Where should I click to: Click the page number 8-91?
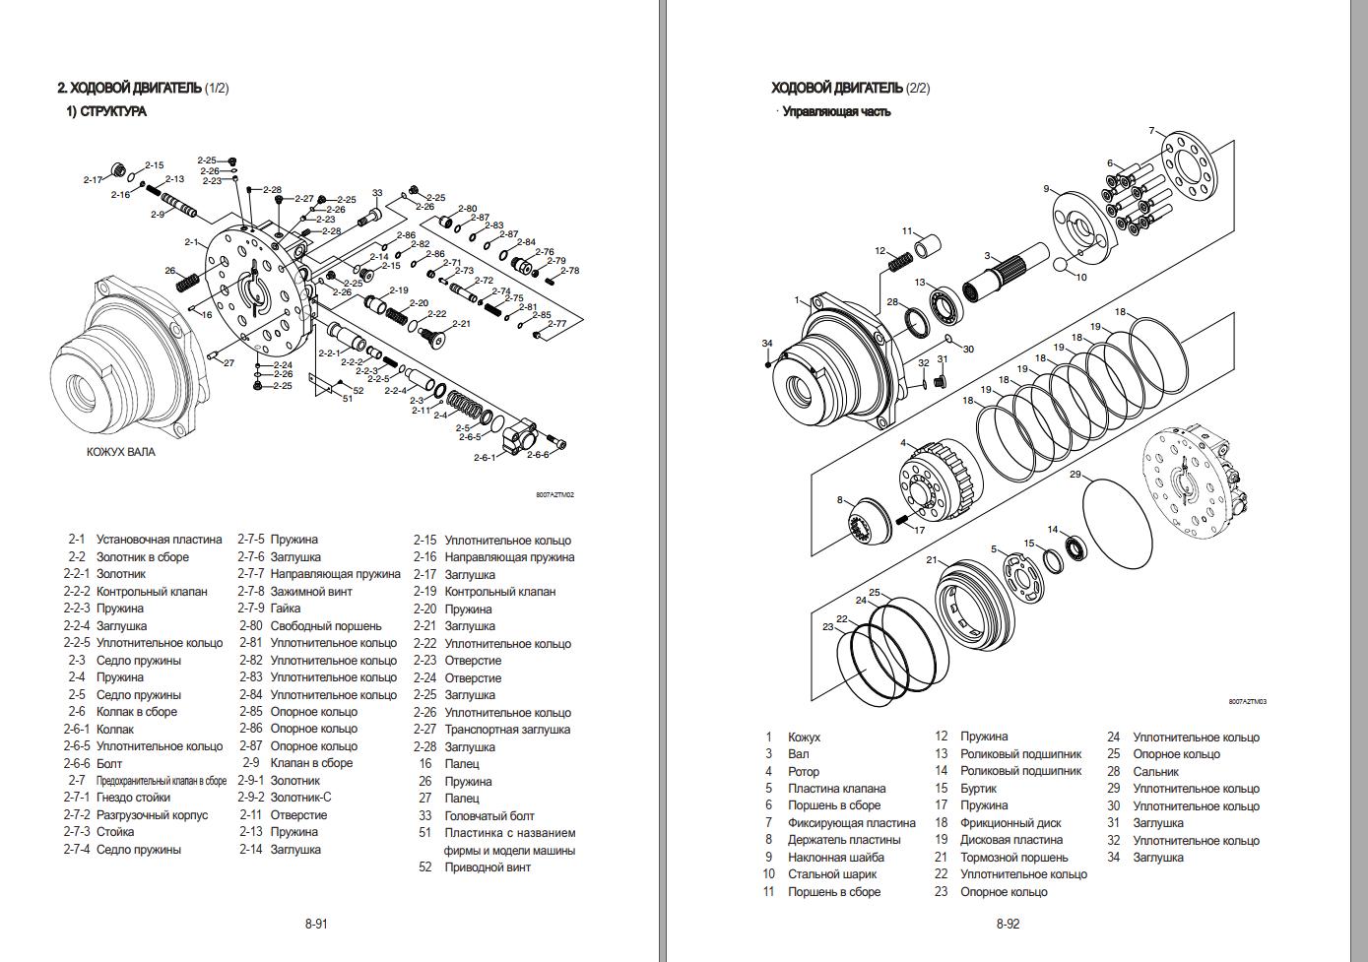(316, 924)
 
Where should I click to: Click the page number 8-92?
(1008, 924)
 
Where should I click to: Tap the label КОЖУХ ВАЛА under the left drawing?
(121, 453)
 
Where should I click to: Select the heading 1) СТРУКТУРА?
(106, 111)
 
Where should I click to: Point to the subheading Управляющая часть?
(836, 111)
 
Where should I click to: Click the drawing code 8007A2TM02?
(554, 495)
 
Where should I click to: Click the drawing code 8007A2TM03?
(1247, 702)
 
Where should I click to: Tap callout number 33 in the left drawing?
(377, 193)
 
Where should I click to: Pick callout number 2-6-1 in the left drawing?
(486, 458)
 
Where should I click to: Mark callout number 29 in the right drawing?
(1075, 475)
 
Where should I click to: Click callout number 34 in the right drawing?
(767, 343)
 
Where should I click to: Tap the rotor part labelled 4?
(936, 482)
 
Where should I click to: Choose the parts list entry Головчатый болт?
(489, 815)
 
